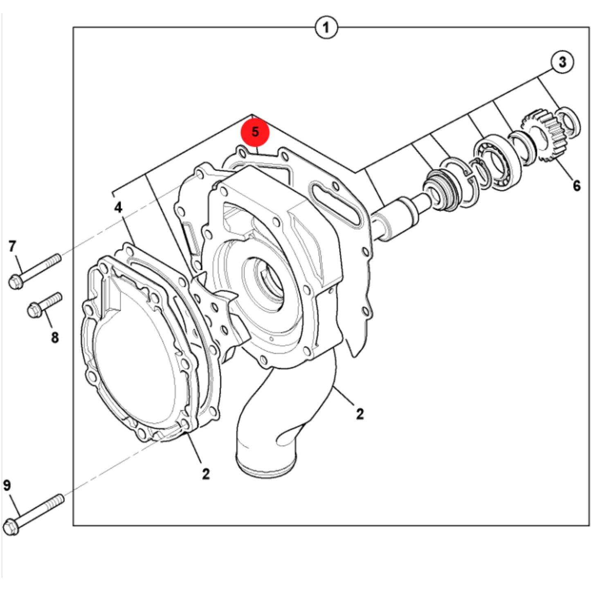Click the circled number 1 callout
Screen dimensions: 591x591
(x=326, y=27)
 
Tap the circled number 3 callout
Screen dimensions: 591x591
(x=562, y=62)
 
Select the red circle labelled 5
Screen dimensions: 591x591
(x=255, y=132)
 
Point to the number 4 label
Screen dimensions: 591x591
(x=118, y=208)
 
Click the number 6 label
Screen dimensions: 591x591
(x=577, y=186)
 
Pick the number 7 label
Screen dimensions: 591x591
(x=12, y=246)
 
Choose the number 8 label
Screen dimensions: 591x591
(x=54, y=337)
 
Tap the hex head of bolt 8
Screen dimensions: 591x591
(x=35, y=310)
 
